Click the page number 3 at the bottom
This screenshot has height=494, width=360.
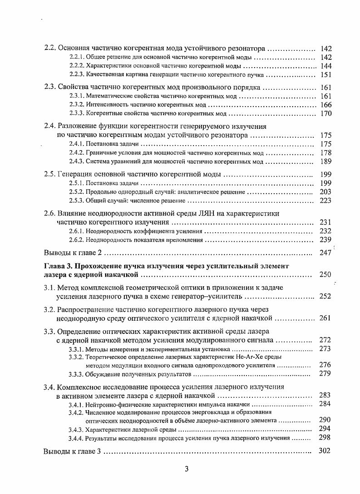[186, 469]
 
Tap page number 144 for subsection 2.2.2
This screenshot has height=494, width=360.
[326, 66]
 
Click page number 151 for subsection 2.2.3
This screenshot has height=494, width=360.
[326, 75]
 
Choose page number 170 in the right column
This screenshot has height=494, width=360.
[326, 113]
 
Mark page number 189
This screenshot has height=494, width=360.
[326, 161]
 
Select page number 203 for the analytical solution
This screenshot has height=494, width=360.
[326, 192]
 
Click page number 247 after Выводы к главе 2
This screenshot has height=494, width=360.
[325, 253]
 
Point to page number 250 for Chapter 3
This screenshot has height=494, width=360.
[325, 274]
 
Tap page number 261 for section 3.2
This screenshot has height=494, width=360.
[325, 318]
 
